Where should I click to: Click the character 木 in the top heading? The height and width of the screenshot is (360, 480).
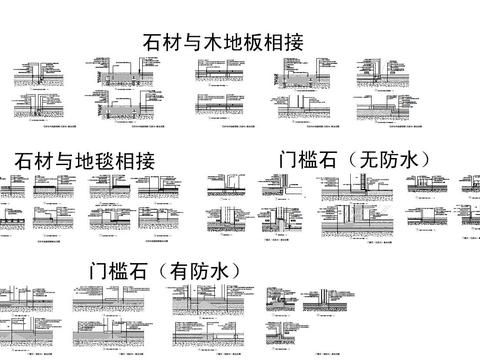tap(214, 42)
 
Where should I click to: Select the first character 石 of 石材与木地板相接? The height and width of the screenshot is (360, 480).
tap(154, 42)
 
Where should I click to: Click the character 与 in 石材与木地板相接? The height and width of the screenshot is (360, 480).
tap(194, 42)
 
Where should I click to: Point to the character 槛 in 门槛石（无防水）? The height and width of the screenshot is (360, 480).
tap(311, 160)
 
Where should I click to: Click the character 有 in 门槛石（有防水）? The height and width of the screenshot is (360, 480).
tap(177, 270)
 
